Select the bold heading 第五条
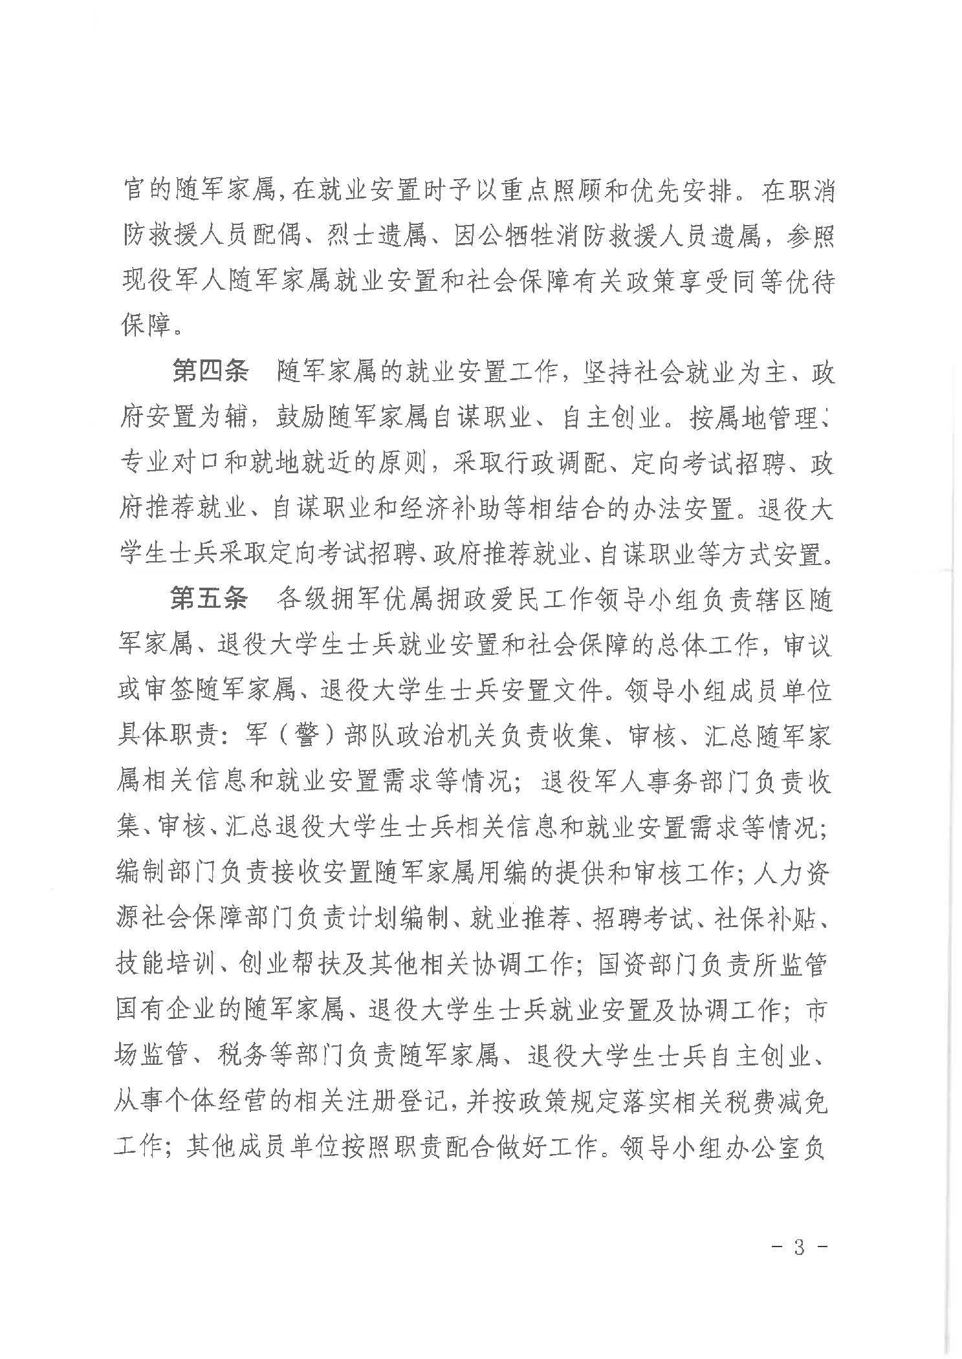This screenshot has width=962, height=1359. [208, 599]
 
